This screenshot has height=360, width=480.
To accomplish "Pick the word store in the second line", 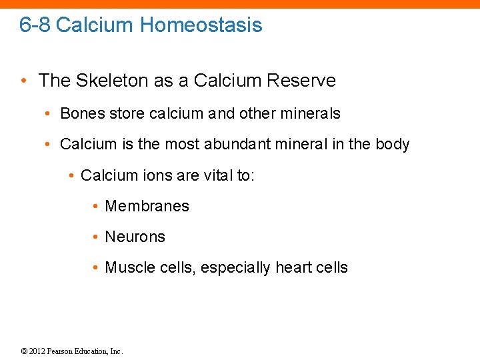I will (127, 113).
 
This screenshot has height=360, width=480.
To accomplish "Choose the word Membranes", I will (147, 206).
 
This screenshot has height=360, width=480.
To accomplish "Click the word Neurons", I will (135, 237).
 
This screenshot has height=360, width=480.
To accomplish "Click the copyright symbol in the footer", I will (23, 351).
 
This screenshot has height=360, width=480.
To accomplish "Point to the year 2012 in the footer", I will (37, 351).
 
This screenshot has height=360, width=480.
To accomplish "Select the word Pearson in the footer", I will (63, 351).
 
